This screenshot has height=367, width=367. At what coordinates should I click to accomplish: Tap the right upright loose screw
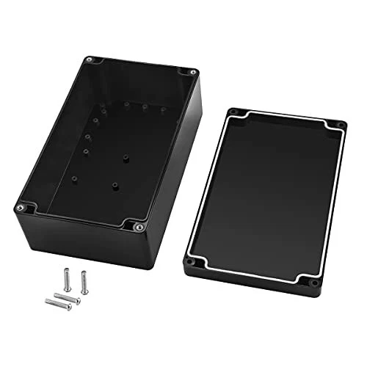point(83,280)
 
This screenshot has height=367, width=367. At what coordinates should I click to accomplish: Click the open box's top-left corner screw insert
point(89,59)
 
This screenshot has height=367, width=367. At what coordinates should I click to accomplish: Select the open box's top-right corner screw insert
point(185,72)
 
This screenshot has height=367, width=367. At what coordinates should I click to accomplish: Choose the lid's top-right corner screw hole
point(340,125)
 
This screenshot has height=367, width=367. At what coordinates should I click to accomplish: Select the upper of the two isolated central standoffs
point(126,157)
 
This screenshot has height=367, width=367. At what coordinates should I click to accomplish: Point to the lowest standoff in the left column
point(76,177)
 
